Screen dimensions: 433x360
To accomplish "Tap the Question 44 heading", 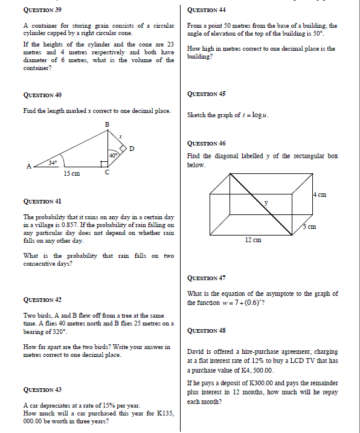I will [207, 10].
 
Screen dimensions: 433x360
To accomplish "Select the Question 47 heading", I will [207, 278].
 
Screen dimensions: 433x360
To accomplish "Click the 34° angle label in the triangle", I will [53, 162].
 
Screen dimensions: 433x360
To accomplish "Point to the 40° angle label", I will [113, 156].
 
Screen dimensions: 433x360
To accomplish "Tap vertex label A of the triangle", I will [28, 167].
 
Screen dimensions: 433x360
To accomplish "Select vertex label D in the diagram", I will [131, 148].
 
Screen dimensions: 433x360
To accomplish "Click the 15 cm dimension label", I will [71, 174].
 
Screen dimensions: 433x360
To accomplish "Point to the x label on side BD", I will [121, 137].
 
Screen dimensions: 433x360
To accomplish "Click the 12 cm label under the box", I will [252, 240].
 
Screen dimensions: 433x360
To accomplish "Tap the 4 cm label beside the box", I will [320, 194].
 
